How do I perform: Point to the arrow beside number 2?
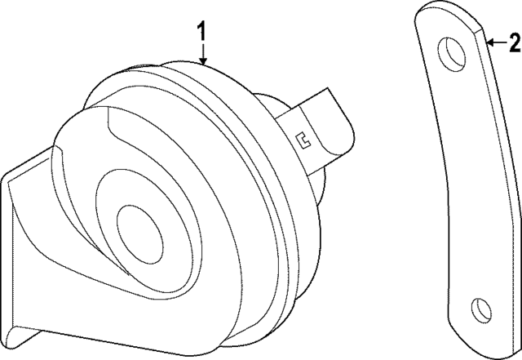pos(494,42)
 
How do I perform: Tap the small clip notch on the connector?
pos(303,140)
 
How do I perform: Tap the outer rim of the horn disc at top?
pos(204,69)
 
